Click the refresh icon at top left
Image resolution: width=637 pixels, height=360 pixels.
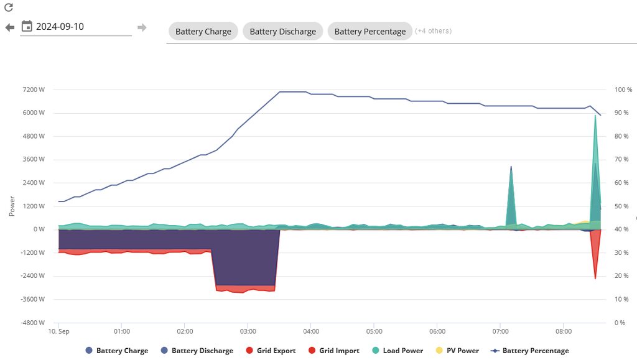[x=9, y=8]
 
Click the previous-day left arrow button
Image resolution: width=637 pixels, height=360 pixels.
[x=9, y=27]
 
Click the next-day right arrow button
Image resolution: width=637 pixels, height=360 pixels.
[x=142, y=27]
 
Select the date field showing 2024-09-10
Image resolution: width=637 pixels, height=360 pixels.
[x=81, y=27]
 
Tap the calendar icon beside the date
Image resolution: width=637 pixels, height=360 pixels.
[x=27, y=26]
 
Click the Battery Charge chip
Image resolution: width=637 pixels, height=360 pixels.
[x=203, y=31]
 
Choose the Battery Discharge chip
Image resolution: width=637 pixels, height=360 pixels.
[x=282, y=31]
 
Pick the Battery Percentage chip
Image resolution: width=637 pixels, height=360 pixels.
[x=370, y=31]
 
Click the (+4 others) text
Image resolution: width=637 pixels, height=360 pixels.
[x=433, y=31]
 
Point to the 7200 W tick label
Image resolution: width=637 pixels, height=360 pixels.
[x=34, y=90]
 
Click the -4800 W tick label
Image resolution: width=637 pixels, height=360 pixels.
[x=32, y=323]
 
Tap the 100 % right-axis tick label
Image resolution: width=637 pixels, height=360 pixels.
[x=623, y=90]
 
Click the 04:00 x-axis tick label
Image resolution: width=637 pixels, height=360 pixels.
[x=311, y=331]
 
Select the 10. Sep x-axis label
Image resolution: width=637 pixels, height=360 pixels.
[x=59, y=331]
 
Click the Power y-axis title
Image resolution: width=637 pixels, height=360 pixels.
[x=12, y=206]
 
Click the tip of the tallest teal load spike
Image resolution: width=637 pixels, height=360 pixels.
[x=595, y=116]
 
